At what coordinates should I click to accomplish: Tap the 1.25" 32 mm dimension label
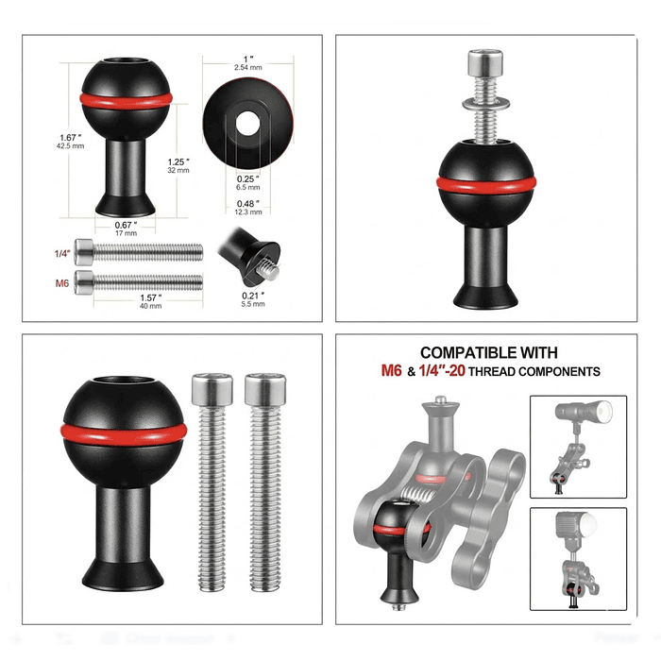pyautogui.click(x=178, y=164)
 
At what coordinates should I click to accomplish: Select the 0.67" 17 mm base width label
pyautogui.click(x=127, y=228)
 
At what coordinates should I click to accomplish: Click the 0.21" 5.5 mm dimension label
pyautogui.click(x=252, y=300)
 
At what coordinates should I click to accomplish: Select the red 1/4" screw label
pyautogui.click(x=59, y=252)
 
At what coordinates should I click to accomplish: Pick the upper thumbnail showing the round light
pyautogui.click(x=579, y=447)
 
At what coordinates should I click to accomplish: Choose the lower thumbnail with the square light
pyautogui.click(x=579, y=559)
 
